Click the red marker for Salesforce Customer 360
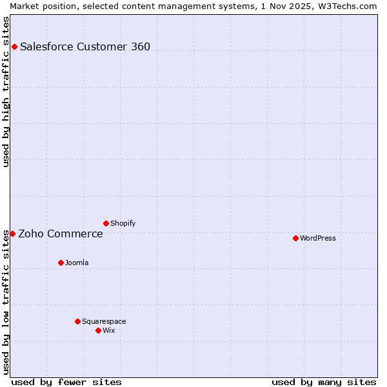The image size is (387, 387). (x=14, y=46)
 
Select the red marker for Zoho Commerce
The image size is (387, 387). (x=12, y=233)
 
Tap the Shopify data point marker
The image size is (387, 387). (x=106, y=223)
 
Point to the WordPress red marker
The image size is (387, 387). (x=295, y=238)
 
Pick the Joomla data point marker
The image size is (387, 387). (x=61, y=263)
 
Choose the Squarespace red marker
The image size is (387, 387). (x=77, y=321)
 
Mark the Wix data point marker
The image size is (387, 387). (x=98, y=330)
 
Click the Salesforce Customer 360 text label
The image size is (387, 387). (x=85, y=46)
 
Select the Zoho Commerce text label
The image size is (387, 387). (x=61, y=233)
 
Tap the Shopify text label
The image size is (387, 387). (x=123, y=223)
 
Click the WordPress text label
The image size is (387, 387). (x=318, y=238)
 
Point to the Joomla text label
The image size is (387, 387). (x=77, y=263)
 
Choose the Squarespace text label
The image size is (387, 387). (x=104, y=321)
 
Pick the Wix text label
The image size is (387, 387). (x=109, y=330)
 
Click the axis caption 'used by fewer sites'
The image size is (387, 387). (x=66, y=382)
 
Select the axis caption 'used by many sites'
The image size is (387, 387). (x=324, y=382)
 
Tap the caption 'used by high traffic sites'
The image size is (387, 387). (x=6, y=92)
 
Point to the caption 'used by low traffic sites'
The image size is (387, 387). (x=6, y=302)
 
